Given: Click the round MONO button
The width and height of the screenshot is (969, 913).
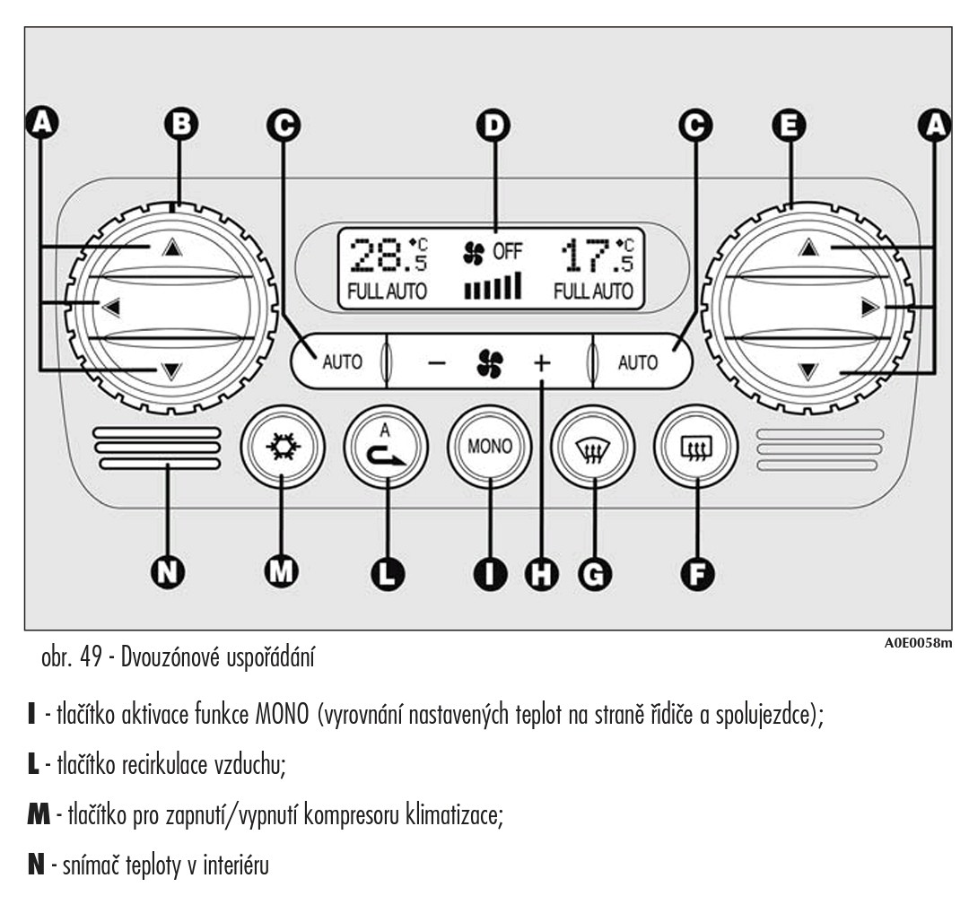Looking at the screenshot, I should coord(490,446).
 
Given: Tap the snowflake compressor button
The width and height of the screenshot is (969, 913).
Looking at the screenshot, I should coord(282,446).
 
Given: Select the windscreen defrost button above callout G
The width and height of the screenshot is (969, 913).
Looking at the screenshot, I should coord(592,446).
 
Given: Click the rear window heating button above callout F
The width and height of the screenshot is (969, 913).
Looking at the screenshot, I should coord(696,446).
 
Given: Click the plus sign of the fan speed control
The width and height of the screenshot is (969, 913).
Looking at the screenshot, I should coord(542,363).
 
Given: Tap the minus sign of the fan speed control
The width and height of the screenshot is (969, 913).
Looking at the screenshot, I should coord(436,363).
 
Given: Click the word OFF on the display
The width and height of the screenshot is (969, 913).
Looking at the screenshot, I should coord(506,252).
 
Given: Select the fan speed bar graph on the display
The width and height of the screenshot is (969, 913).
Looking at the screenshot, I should coord(492,288).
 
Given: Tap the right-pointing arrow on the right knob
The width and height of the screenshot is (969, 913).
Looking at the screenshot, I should coord(868,309).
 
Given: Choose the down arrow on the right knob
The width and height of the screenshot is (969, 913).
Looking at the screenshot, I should coord(809,369).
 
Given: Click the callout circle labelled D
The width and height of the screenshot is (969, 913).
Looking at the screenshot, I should coord(490,126).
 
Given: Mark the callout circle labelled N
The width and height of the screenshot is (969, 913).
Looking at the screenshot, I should coord(167,571).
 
